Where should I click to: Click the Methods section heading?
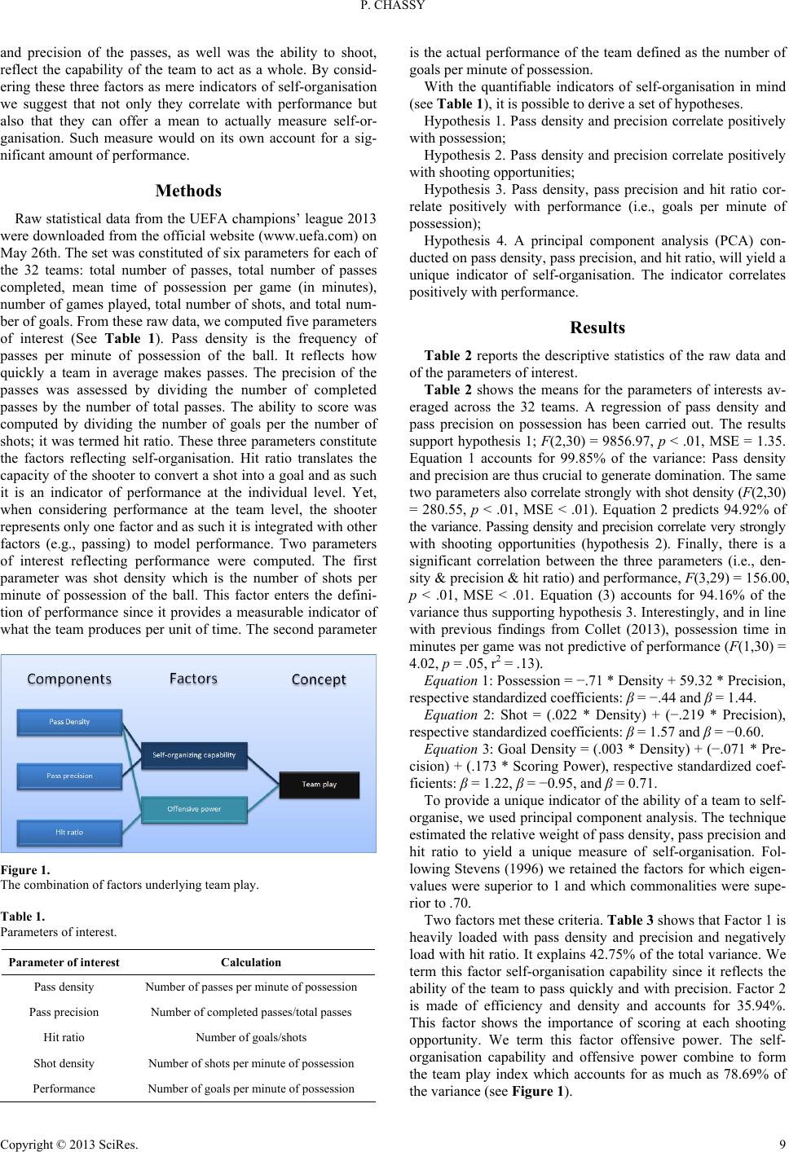tap(188, 191)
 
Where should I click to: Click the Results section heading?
tap(597, 328)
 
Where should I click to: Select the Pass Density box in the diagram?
tap(69, 722)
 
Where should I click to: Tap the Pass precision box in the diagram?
tap(70, 776)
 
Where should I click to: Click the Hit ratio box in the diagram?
tap(69, 832)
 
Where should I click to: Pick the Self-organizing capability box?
tap(193, 754)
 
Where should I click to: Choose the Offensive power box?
tap(193, 808)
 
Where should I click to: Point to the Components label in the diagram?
tap(69, 679)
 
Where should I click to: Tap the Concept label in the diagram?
tap(318, 679)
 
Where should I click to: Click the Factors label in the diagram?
tap(193, 679)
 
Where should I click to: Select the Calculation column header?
tap(251, 962)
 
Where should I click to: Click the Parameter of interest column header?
tap(64, 962)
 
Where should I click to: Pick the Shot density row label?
tap(64, 1063)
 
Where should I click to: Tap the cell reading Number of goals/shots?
tap(251, 1038)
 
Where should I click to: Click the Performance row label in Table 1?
tap(64, 1088)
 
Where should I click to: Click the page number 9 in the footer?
tap(782, 1141)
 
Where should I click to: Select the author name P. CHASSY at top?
tap(394, 10)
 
